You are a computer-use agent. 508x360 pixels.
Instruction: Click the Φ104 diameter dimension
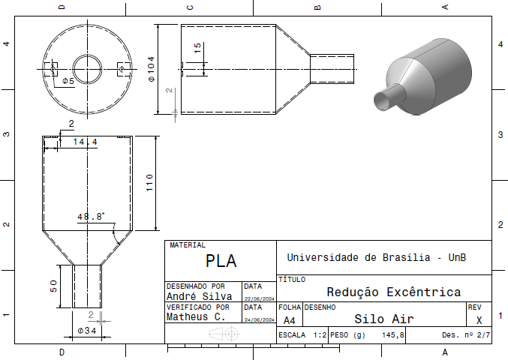click(x=152, y=69)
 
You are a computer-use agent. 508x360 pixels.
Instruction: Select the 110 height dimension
click(x=149, y=182)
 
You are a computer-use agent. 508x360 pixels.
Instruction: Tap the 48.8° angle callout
click(x=91, y=216)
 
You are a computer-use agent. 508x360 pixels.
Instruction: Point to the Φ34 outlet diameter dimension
click(x=87, y=331)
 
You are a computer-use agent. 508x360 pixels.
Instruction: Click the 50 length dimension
click(x=54, y=286)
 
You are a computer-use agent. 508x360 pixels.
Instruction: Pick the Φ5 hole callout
click(x=68, y=81)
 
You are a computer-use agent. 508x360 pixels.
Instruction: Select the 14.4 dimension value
click(x=86, y=142)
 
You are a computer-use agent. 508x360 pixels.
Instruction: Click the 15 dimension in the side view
click(x=197, y=47)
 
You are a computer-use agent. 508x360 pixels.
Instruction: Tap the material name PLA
click(x=221, y=260)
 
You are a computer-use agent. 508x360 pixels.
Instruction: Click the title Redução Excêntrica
click(x=394, y=292)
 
